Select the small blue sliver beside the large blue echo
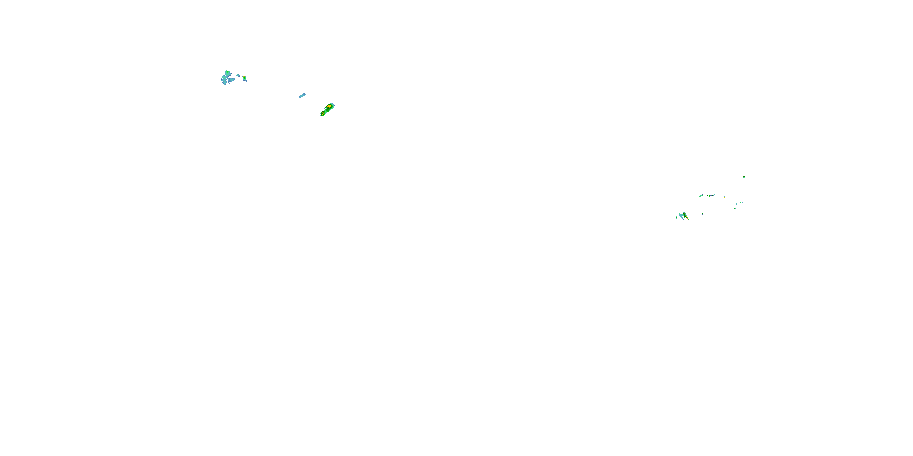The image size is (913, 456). (238, 75)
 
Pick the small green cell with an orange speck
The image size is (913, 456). (245, 78)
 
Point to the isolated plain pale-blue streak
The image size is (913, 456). (302, 95)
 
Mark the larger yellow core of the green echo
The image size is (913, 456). (329, 106)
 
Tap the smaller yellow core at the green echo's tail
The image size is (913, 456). (323, 114)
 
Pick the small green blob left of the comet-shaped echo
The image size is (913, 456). (676, 217)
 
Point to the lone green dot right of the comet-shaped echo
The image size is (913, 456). (702, 213)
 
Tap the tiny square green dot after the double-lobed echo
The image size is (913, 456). (708, 195)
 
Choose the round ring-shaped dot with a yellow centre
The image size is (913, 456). (724, 197)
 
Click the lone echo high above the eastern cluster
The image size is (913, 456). (744, 177)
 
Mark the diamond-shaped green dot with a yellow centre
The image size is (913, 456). (736, 204)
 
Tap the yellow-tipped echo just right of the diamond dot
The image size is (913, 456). (741, 202)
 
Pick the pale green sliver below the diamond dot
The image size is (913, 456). (734, 209)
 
